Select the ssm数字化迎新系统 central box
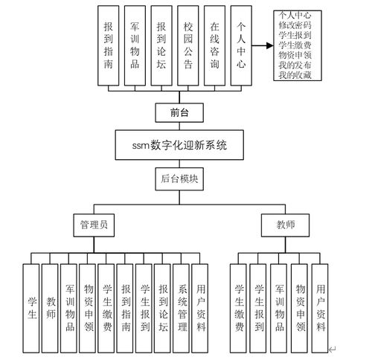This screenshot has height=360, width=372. click(176, 145)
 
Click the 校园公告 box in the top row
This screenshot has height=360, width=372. click(188, 44)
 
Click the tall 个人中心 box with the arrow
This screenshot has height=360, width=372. click(240, 44)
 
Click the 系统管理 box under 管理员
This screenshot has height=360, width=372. click(182, 308)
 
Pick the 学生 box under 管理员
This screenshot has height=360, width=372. click(31, 308)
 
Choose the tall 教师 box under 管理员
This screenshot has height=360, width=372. click(51, 308)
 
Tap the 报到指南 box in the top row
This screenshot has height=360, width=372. click(109, 44)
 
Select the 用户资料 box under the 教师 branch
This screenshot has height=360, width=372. click(320, 308)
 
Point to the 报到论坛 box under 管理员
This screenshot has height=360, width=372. click(163, 308)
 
